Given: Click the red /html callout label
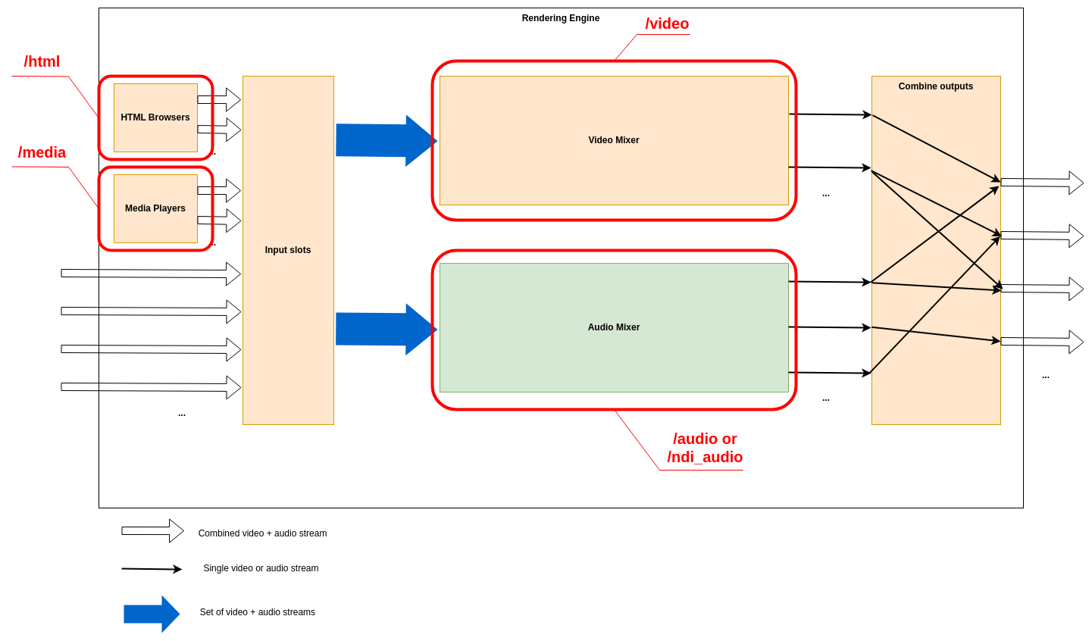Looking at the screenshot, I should point(42,62).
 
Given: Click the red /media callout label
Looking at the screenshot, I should point(42,153).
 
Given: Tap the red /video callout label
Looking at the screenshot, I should point(667,24).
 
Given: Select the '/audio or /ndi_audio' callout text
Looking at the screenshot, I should point(705,448).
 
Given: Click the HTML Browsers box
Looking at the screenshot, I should point(155,117).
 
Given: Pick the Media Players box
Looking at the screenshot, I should point(155,208).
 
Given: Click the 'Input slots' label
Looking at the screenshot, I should point(288,250).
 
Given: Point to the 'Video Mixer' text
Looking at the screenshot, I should point(614,140).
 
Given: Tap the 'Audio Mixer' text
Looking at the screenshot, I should point(614,327).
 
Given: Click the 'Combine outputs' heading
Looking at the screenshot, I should point(936,86).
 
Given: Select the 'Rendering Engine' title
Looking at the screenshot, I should point(561,18).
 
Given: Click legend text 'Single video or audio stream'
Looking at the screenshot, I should point(261,568).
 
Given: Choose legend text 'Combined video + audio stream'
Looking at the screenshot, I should point(262,533).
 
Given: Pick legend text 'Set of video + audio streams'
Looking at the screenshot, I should point(258,612).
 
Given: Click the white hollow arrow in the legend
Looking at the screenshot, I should point(152,531).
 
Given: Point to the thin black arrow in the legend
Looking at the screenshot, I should point(152,569).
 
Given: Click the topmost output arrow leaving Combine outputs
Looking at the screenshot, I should point(1041,183).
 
